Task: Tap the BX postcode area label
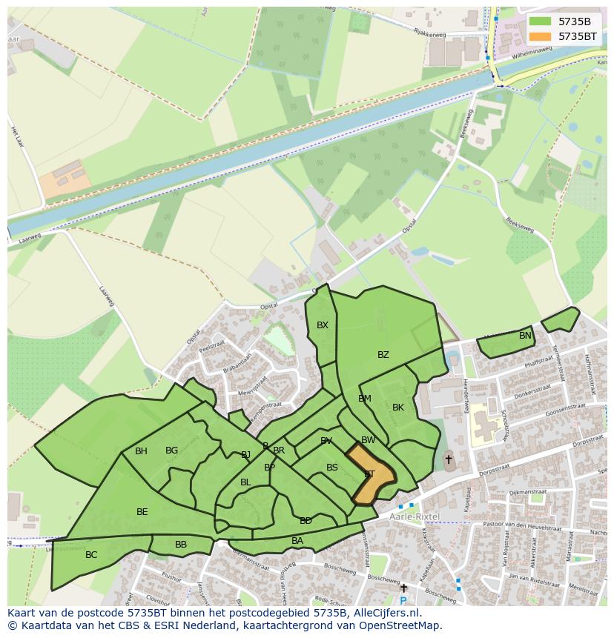323,325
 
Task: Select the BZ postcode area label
383,355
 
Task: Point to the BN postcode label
525,336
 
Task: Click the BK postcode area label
398,408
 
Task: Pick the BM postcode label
365,399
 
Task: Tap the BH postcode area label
141,451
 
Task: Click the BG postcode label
171,451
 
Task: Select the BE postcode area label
142,512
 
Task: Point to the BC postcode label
91,555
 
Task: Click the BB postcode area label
181,545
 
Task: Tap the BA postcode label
297,541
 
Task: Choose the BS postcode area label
332,468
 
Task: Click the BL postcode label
245,482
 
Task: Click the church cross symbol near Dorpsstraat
448,459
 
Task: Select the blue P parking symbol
403,600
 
